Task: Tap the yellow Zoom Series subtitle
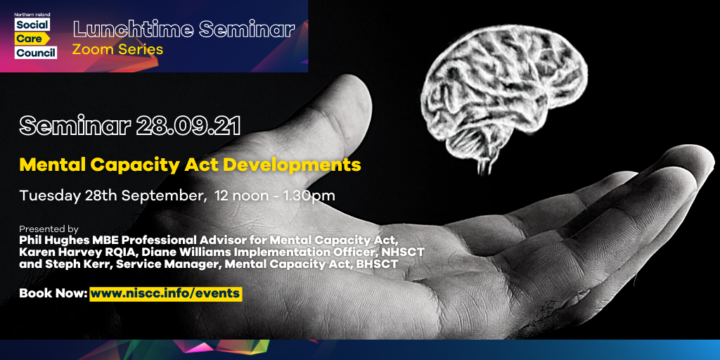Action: pyautogui.click(x=117, y=49)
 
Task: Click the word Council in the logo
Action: pyautogui.click(x=36, y=53)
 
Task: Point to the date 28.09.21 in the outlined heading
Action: pyautogui.click(x=188, y=126)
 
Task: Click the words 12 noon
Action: pyautogui.click(x=233, y=195)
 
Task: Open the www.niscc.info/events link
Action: pyautogui.click(x=166, y=293)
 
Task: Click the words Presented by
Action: pyautogui.click(x=49, y=229)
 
